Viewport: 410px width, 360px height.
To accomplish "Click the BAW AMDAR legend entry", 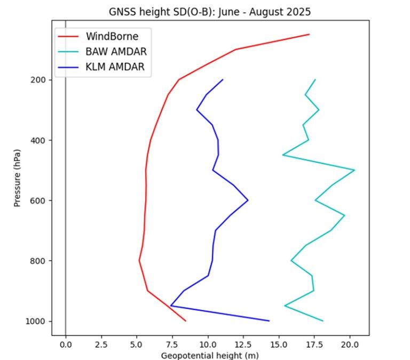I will pos(116,52).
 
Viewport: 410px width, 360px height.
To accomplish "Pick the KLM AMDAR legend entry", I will pos(115,67).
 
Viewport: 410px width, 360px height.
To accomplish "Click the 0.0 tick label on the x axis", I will pos(66,345).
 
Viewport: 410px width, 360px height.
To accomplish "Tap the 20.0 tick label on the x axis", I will pos(350,345).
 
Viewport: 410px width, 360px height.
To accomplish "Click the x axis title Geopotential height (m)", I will pos(210,355).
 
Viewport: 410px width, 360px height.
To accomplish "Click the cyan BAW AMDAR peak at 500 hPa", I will pos(354,170).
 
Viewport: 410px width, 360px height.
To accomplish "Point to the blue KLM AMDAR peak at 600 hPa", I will pos(248,200).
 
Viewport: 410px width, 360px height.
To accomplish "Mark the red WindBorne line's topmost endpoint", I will pos(309,34).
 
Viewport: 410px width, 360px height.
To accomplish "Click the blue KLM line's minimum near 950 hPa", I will pos(171,306).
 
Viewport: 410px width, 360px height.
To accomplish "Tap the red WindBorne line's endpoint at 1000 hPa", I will pos(186,321).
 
